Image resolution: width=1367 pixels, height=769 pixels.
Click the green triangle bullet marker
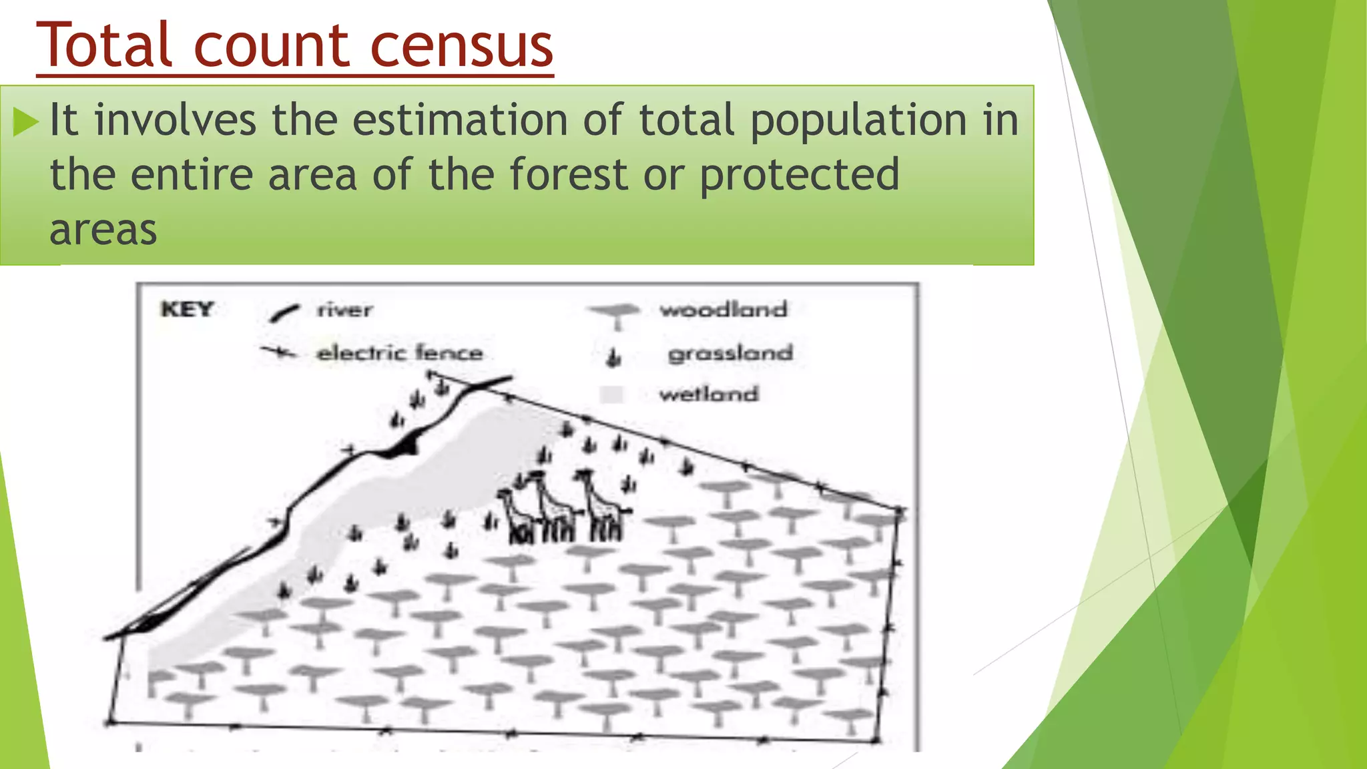26,122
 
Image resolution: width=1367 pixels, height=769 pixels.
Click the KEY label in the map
187,310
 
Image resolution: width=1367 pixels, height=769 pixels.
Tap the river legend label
344,310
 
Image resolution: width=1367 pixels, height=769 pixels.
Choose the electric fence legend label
399,352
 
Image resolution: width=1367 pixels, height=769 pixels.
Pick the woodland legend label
724,310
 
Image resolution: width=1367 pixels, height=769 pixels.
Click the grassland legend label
730,353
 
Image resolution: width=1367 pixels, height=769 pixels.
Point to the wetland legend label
709,394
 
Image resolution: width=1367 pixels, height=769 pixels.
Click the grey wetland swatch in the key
611,395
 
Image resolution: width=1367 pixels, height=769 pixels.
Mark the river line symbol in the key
284,313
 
